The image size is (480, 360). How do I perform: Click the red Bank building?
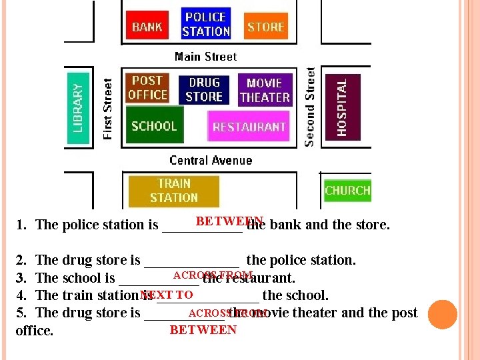[x=147, y=27]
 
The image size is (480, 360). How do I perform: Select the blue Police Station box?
[x=205, y=24]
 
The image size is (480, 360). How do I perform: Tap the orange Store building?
[x=265, y=27]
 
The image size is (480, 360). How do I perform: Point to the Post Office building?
[x=147, y=88]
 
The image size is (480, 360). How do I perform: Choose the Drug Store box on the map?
[x=204, y=90]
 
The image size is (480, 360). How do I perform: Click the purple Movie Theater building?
[x=265, y=90]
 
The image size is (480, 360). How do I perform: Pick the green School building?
[x=154, y=126]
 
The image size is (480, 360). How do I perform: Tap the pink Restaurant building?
[x=249, y=127]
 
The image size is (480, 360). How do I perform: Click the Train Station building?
[x=173, y=191]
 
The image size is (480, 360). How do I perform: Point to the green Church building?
[x=347, y=191]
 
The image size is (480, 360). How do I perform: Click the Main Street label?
[x=205, y=57]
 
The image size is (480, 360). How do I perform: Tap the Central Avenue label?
[x=211, y=160]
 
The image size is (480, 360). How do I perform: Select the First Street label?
[x=108, y=109]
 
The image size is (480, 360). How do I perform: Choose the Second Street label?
[x=310, y=107]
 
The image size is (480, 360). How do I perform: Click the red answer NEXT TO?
[x=167, y=295]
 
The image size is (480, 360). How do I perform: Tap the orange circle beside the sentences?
[x=443, y=315]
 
